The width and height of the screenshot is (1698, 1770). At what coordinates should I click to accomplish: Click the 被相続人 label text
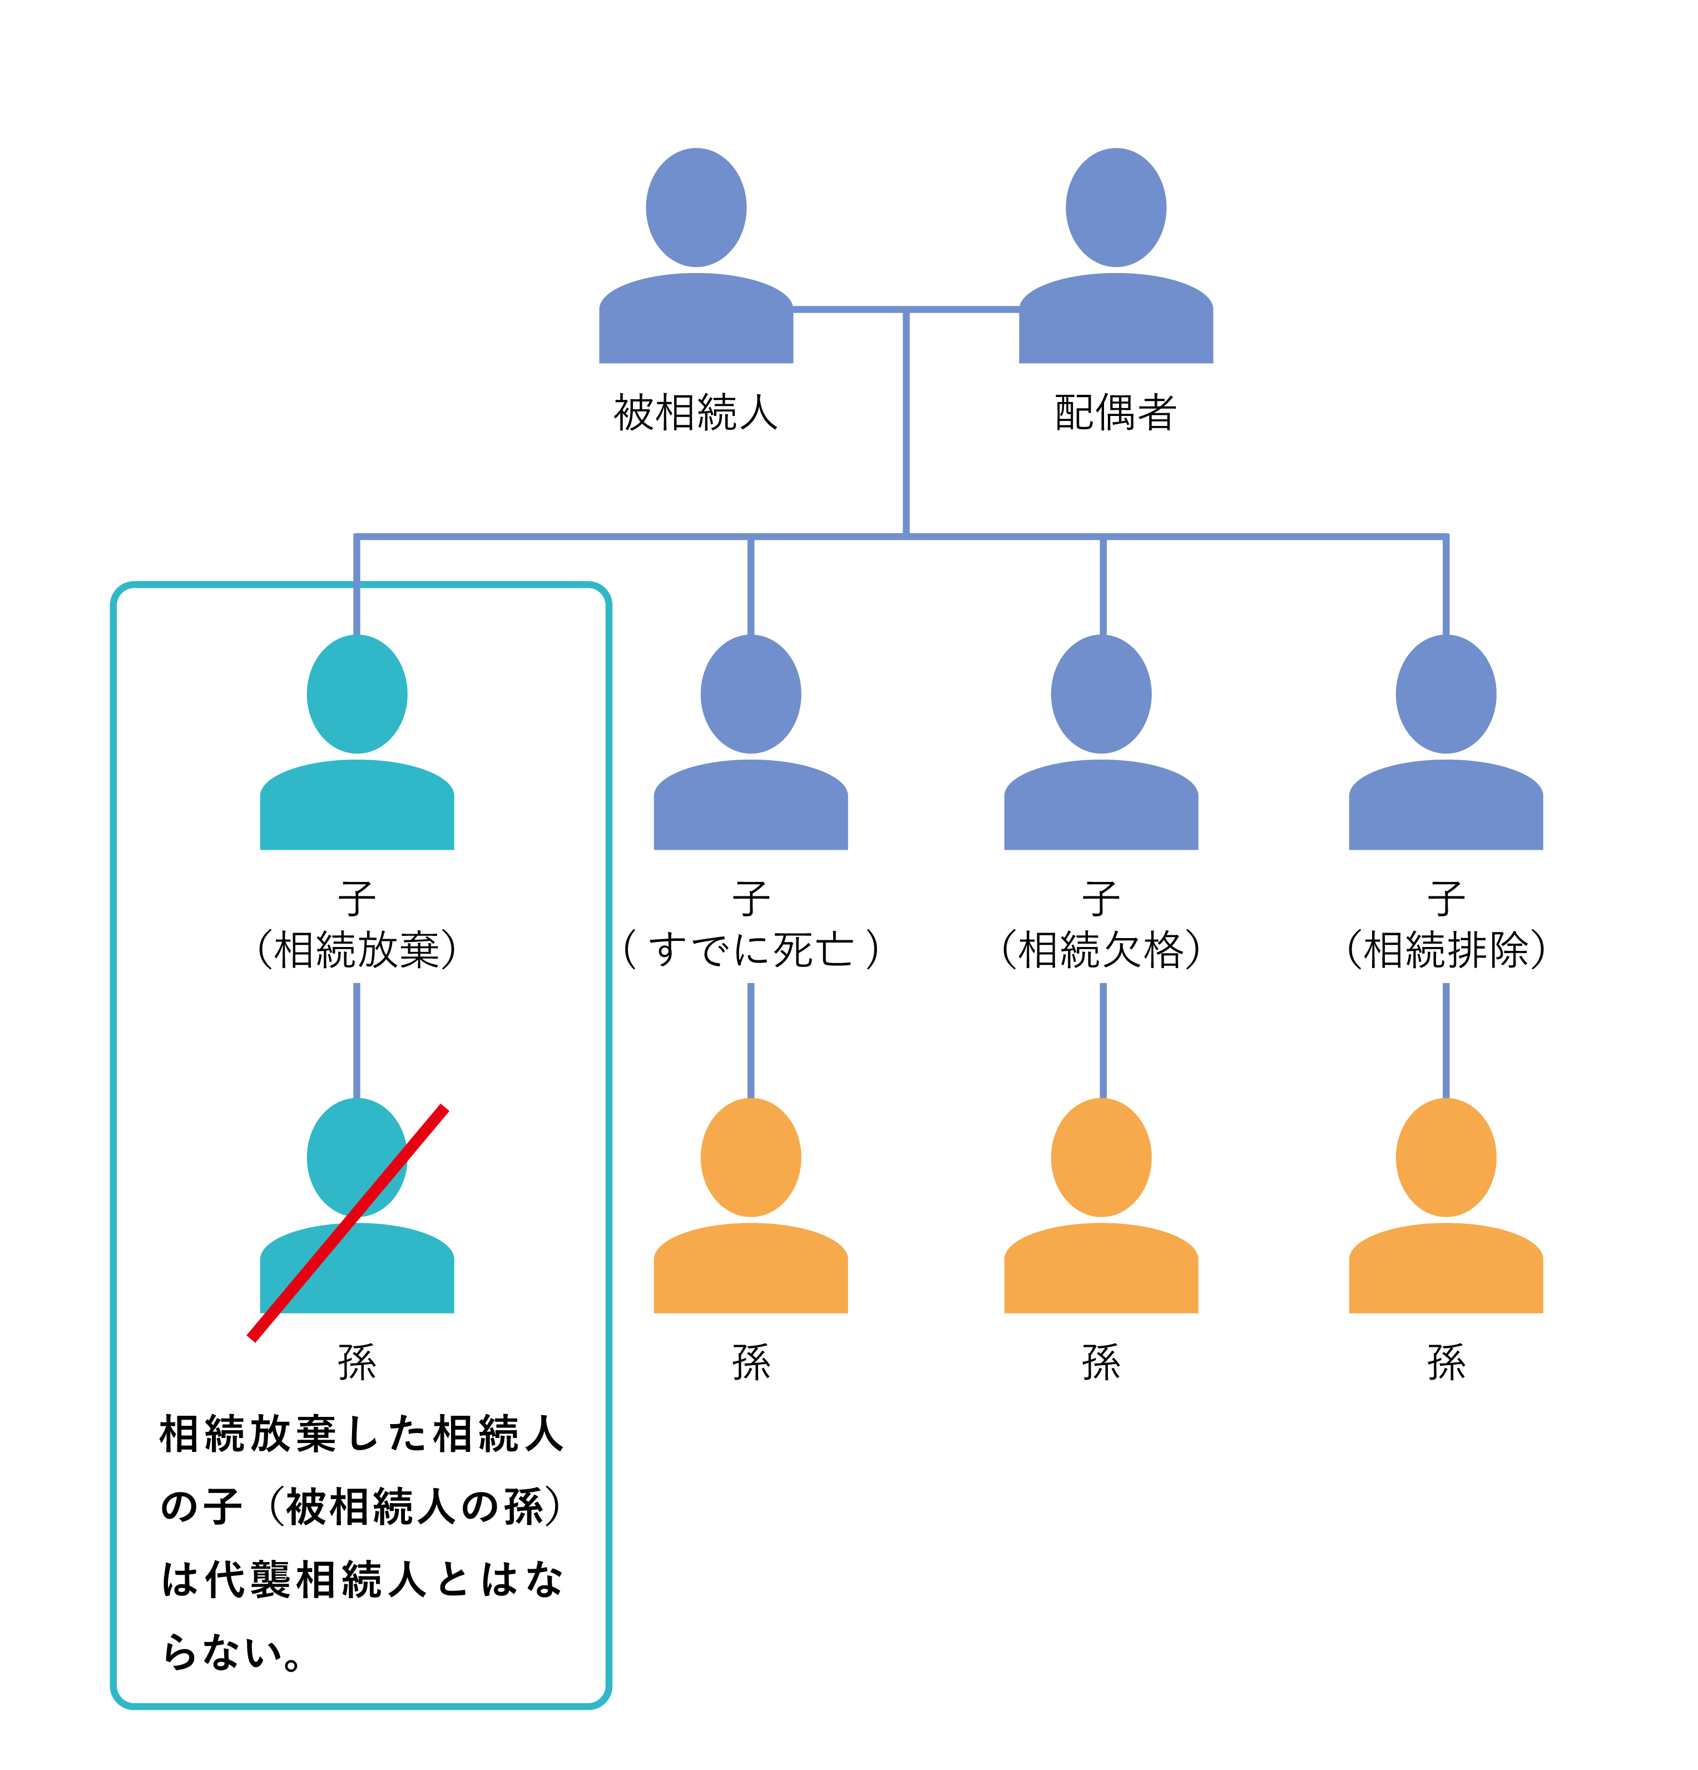[695, 413]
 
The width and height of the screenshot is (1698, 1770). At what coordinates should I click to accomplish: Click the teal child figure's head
[357, 693]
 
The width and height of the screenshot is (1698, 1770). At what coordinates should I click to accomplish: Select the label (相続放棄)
[357, 949]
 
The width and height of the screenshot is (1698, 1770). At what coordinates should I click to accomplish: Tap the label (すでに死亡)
[750, 949]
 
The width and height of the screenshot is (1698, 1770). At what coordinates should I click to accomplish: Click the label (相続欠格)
[1101, 949]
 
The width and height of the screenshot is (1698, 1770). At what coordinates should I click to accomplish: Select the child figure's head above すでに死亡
[750, 693]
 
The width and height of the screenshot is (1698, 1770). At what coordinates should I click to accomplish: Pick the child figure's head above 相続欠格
[1101, 693]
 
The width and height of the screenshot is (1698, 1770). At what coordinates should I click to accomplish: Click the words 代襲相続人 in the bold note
[315, 1579]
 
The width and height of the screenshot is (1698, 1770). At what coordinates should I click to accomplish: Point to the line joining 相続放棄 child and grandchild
[357, 1039]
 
